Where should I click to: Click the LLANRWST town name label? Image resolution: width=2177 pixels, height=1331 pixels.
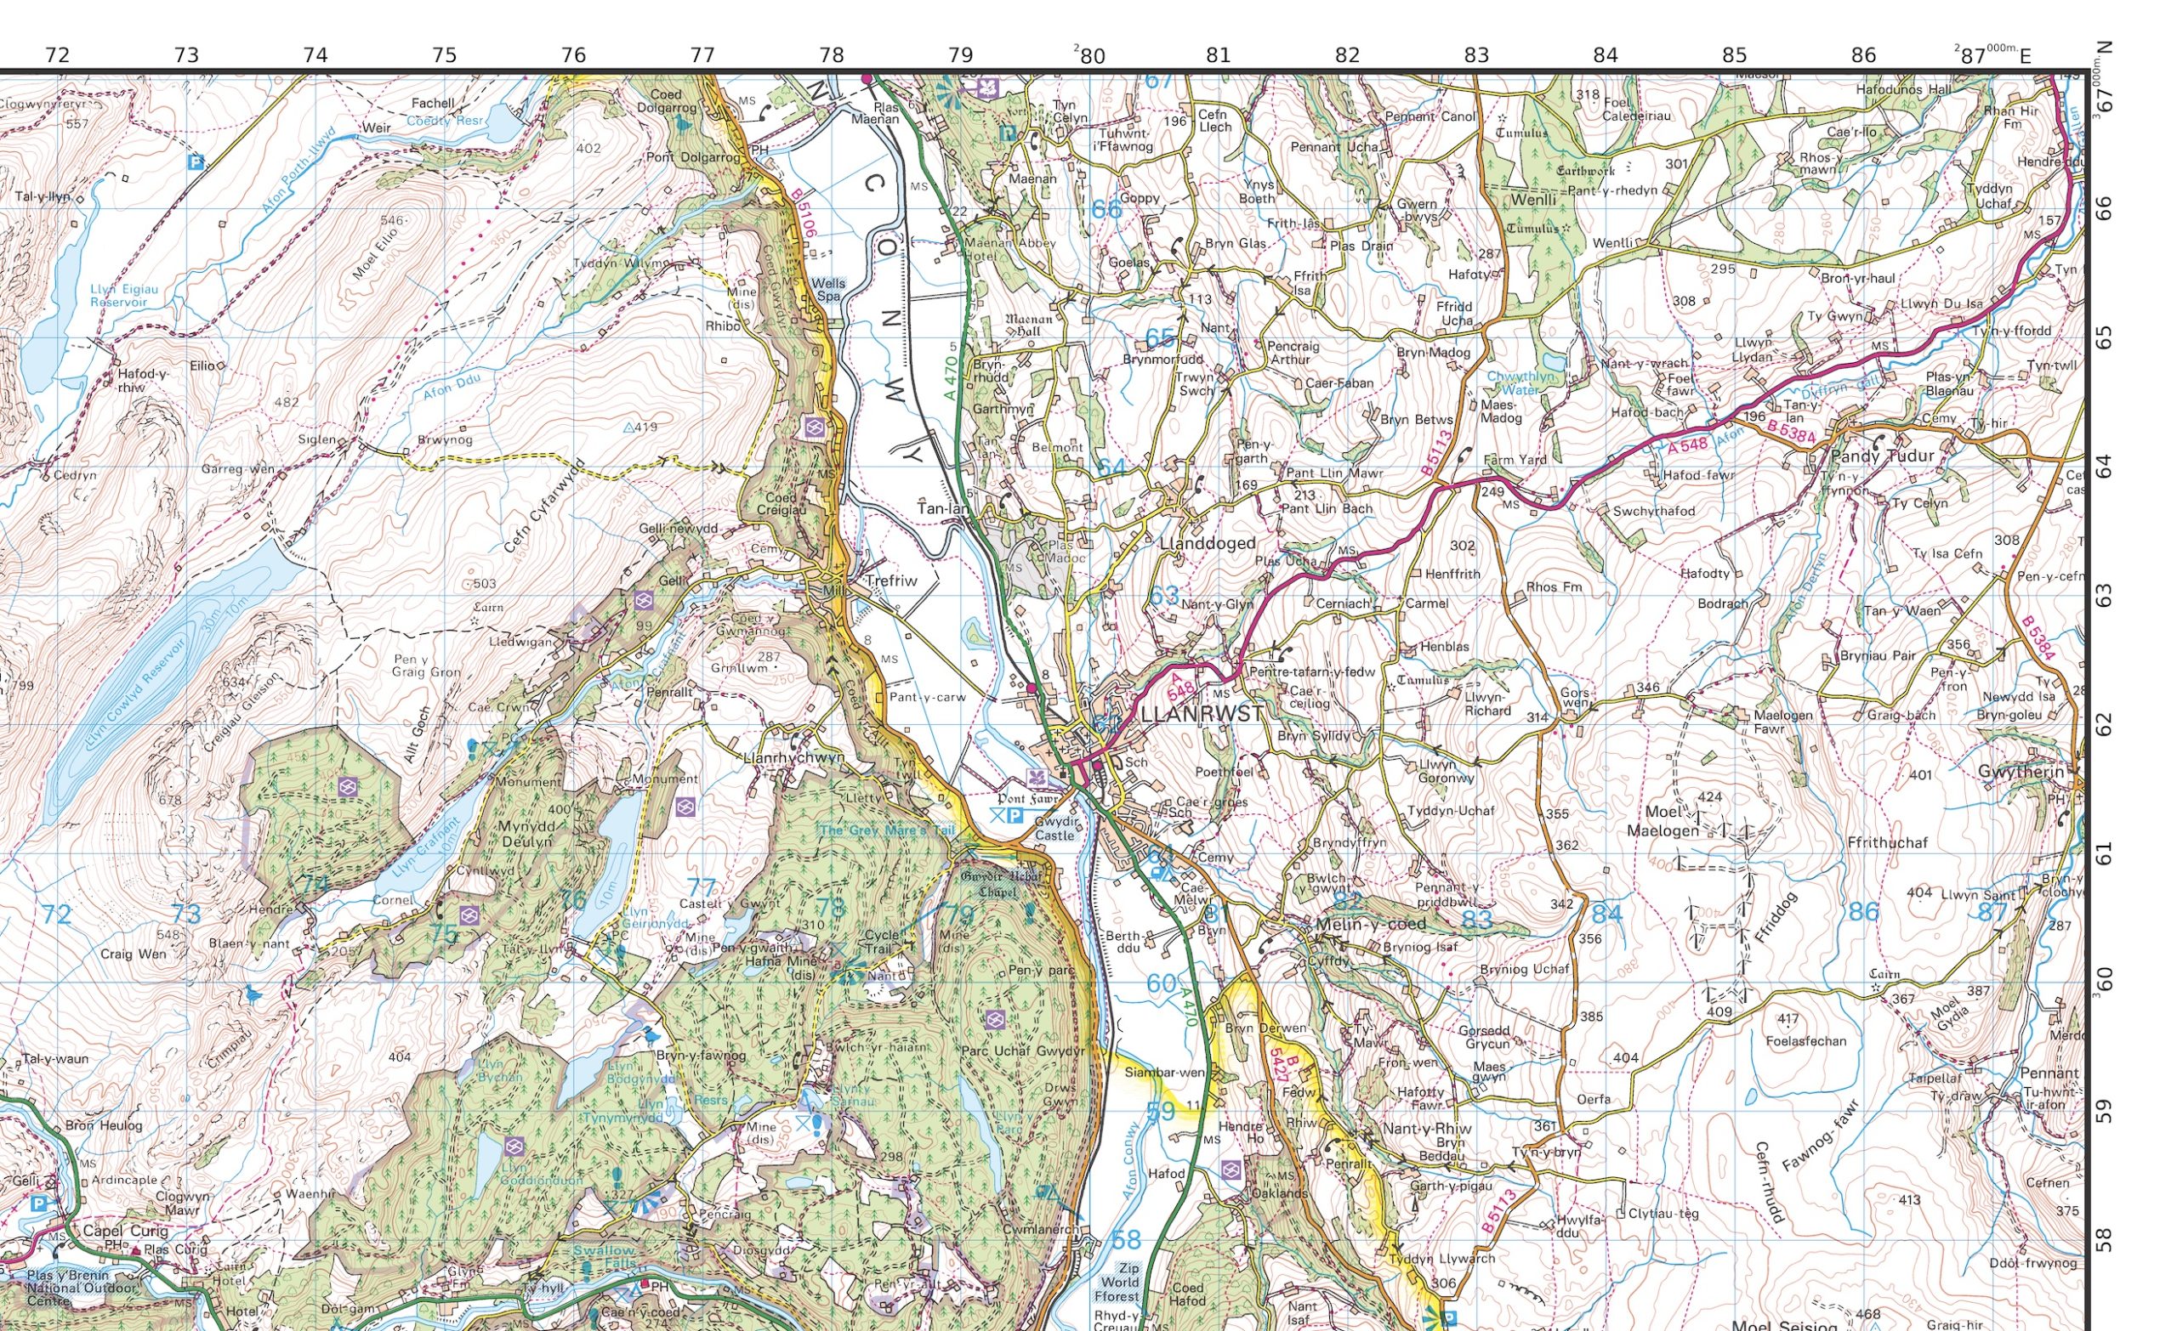pyautogui.click(x=1202, y=715)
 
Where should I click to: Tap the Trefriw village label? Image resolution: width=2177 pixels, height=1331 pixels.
pyautogui.click(x=891, y=581)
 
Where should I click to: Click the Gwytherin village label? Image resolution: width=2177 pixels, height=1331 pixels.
pyautogui.click(x=2024, y=772)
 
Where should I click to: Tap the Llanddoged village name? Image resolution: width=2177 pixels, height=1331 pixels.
pyautogui.click(x=1207, y=544)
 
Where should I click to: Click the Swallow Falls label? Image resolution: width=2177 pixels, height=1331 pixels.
pyautogui.click(x=604, y=1258)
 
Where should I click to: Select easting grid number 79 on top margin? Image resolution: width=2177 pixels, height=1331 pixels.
pyautogui.click(x=960, y=54)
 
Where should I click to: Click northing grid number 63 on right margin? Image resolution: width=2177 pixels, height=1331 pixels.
pyautogui.click(x=2105, y=596)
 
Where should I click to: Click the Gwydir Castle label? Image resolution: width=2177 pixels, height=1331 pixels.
pyautogui.click(x=1055, y=829)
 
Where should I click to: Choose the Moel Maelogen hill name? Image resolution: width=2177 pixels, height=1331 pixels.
pyautogui.click(x=1663, y=820)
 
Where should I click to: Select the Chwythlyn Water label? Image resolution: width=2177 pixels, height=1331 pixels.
pyautogui.click(x=1519, y=382)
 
